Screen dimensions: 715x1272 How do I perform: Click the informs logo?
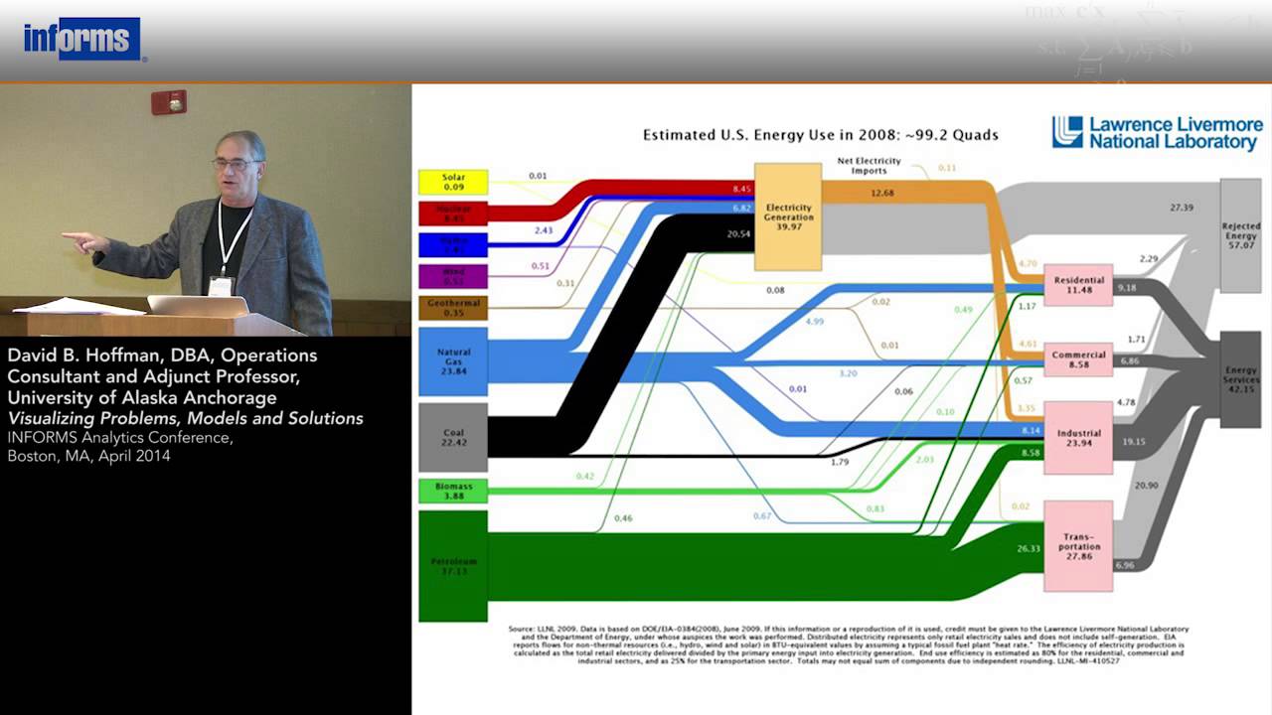82,40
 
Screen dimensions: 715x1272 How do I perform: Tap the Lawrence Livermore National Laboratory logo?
1158,133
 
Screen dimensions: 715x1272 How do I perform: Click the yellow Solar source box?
453,182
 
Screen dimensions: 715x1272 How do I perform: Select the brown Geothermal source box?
453,308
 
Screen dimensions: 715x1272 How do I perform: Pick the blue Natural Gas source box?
453,357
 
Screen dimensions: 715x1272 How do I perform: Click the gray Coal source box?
453,437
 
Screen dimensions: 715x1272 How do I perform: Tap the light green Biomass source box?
453,491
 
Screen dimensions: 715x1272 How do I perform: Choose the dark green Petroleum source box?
453,566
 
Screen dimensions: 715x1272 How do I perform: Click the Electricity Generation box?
788,216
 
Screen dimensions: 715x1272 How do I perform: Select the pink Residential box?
1078,285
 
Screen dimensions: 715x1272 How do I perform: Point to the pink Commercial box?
1078,359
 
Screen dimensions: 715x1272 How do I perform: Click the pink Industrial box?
1078,438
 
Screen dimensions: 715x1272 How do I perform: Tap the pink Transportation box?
1078,546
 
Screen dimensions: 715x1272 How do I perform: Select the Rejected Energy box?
1240,235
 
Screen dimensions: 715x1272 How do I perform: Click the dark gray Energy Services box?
1240,380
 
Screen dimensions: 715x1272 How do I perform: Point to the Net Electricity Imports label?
869,165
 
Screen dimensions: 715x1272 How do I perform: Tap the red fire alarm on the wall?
168,102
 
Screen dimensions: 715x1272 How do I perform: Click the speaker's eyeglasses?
235,162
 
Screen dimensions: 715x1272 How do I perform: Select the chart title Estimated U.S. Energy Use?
820,135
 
